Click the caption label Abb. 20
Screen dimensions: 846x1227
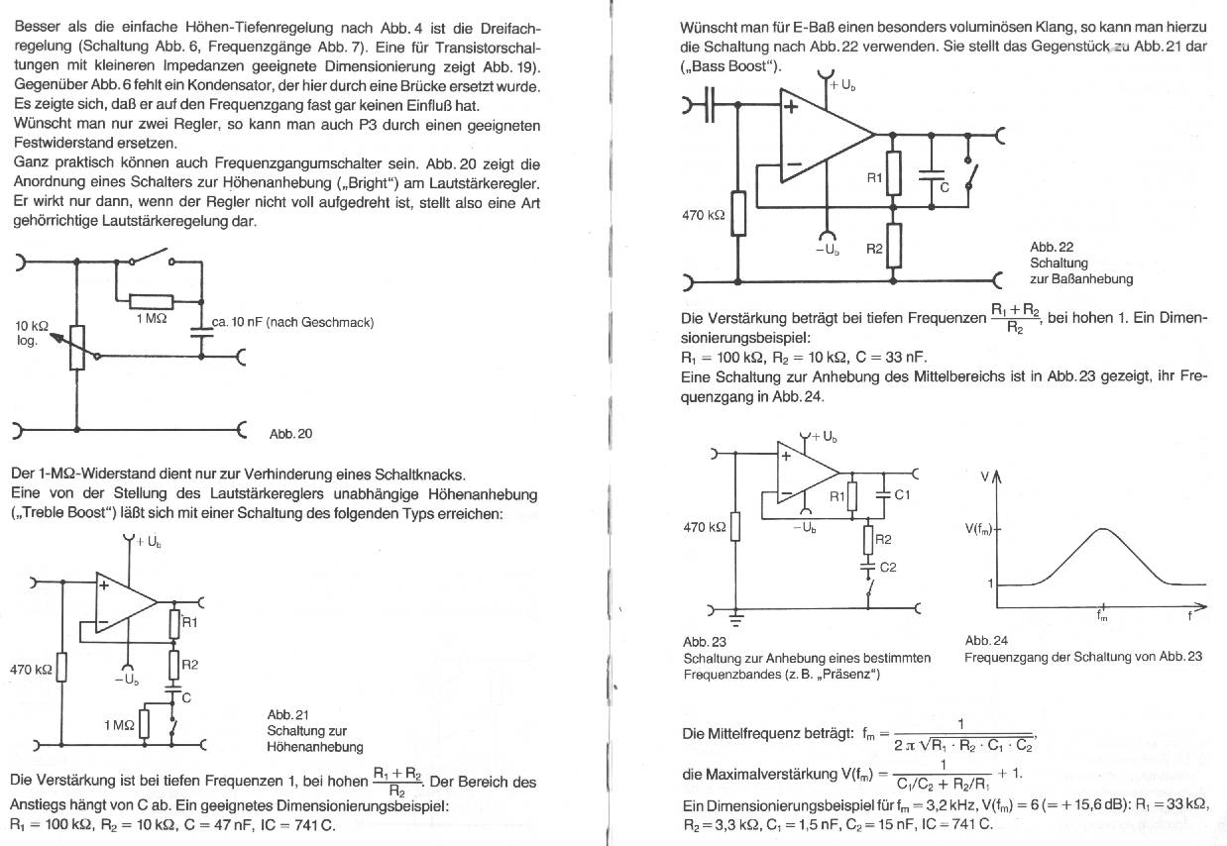click(x=290, y=434)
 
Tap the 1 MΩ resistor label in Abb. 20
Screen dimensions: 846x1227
click(x=151, y=318)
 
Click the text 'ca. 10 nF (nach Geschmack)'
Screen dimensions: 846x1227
click(x=292, y=323)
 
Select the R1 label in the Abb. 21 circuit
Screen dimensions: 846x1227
click(x=189, y=622)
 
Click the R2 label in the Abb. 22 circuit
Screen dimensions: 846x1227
click(x=874, y=249)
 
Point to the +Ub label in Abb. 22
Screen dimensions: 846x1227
click(x=842, y=86)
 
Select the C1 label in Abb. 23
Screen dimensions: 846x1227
click(x=902, y=494)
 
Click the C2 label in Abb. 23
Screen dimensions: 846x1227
click(x=888, y=568)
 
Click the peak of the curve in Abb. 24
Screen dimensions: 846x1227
click(x=1102, y=528)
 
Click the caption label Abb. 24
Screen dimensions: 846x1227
click(x=986, y=641)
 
